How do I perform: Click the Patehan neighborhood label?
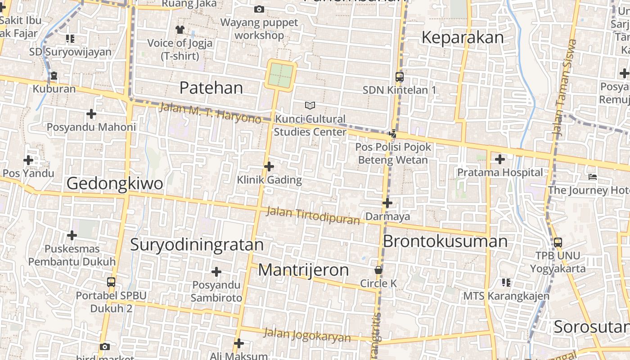tap(211, 88)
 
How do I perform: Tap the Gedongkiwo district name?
tap(115, 184)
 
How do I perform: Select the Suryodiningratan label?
tap(197, 244)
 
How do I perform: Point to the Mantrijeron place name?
tap(303, 270)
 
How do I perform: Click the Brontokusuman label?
tap(445, 241)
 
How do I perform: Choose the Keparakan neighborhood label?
tap(463, 38)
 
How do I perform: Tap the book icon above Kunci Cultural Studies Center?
tap(310, 105)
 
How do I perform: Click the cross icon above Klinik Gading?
tap(269, 167)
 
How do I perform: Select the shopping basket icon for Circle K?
tap(378, 270)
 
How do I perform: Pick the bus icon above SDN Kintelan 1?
tap(399, 76)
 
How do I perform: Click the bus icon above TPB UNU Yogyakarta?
tap(558, 242)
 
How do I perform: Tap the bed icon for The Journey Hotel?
tap(593, 176)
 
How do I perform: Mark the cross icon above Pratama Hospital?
tap(499, 159)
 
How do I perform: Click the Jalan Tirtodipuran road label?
tap(313, 216)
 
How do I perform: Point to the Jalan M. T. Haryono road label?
tap(210, 113)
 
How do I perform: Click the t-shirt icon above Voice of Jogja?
tap(180, 30)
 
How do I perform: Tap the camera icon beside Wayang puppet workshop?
tap(259, 9)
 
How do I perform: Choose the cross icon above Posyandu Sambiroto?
tap(216, 272)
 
